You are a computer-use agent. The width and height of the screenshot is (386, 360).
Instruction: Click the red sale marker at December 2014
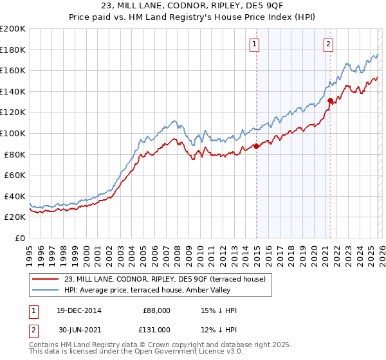(256, 146)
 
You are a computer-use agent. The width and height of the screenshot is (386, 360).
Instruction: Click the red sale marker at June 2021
(330, 100)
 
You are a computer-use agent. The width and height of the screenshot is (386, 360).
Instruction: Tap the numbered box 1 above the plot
(255, 44)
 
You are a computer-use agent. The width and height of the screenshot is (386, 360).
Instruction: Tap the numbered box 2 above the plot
(328, 44)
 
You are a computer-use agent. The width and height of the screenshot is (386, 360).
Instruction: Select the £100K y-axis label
(13, 133)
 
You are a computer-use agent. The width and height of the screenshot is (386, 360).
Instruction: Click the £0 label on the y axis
(19, 238)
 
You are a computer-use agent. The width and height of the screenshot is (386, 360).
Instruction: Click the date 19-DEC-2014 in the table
(78, 310)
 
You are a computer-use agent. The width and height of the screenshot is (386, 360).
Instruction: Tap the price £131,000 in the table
(156, 330)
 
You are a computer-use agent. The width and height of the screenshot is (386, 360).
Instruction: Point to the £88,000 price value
(156, 310)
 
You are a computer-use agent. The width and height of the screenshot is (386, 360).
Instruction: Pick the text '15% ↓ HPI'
(219, 310)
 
